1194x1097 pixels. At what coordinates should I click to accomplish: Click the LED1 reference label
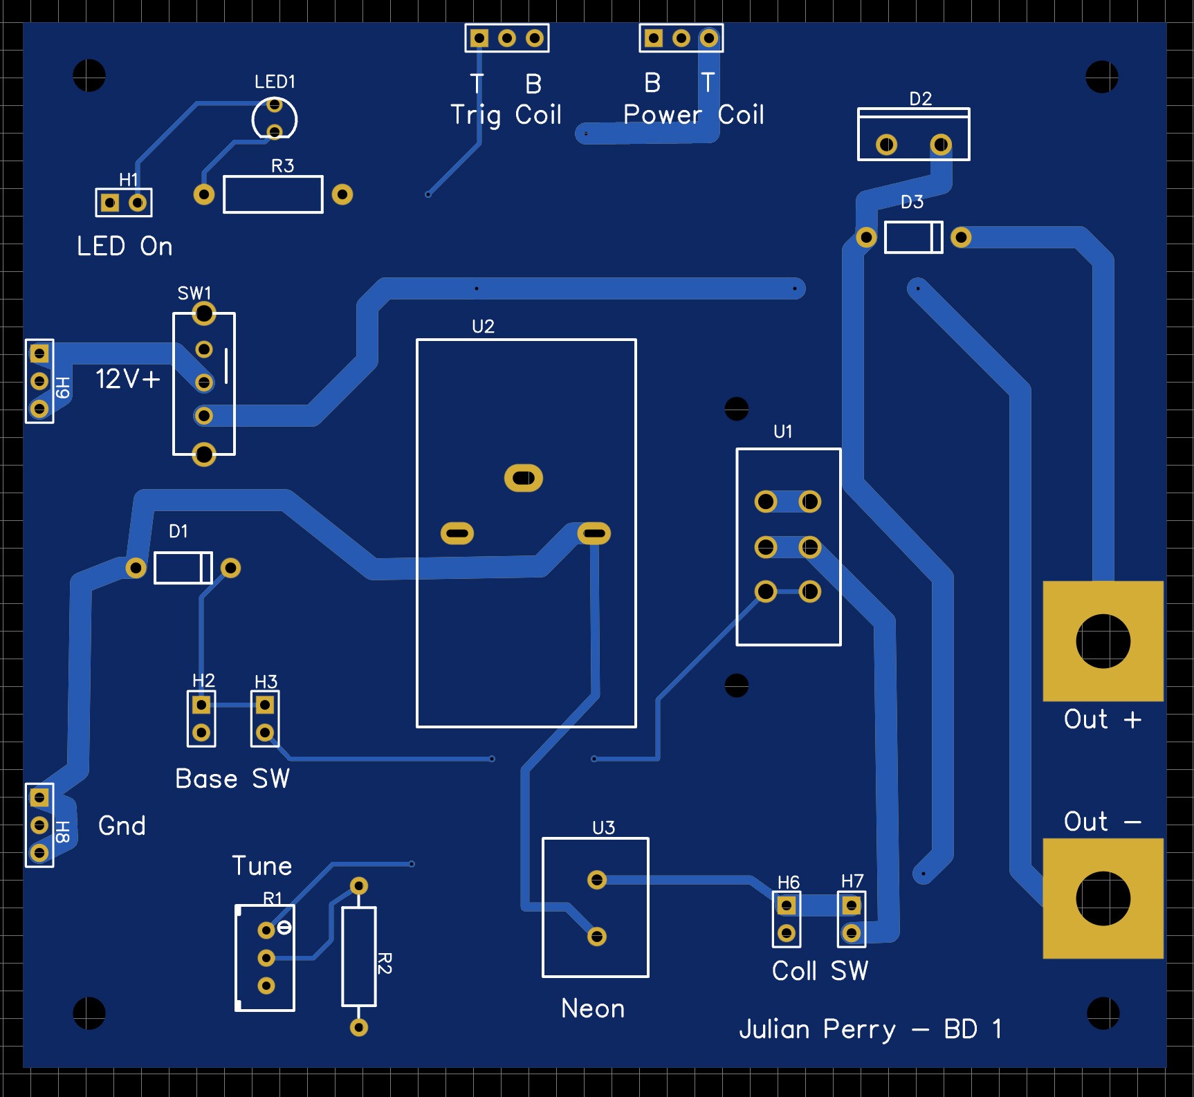click(x=275, y=82)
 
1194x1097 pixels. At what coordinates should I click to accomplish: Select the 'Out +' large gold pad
click(x=1103, y=641)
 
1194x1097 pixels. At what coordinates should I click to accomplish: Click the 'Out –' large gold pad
click(x=1103, y=898)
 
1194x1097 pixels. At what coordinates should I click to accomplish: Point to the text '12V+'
click(x=128, y=379)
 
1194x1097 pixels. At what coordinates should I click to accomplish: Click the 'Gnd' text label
click(x=122, y=825)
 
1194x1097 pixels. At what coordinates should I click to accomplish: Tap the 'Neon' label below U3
click(x=593, y=1008)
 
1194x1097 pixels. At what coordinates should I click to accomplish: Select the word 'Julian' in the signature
click(x=774, y=1029)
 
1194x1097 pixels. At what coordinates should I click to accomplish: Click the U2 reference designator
click(x=483, y=326)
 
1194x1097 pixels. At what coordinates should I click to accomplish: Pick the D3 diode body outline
click(x=914, y=237)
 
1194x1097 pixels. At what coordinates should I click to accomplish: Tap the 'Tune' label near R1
click(x=261, y=866)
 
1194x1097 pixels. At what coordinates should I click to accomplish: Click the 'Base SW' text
click(x=232, y=779)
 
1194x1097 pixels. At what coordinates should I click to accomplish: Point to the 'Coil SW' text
click(x=820, y=971)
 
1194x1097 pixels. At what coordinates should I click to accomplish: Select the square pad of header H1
click(x=110, y=203)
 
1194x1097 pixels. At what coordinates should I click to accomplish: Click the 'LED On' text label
click(x=125, y=246)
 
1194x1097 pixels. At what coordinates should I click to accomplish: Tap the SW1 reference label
click(x=194, y=293)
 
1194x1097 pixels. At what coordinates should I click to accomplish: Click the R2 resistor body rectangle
click(x=359, y=957)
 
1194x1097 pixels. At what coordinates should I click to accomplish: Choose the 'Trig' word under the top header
click(x=475, y=116)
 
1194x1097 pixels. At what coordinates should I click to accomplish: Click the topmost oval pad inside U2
click(x=524, y=478)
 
